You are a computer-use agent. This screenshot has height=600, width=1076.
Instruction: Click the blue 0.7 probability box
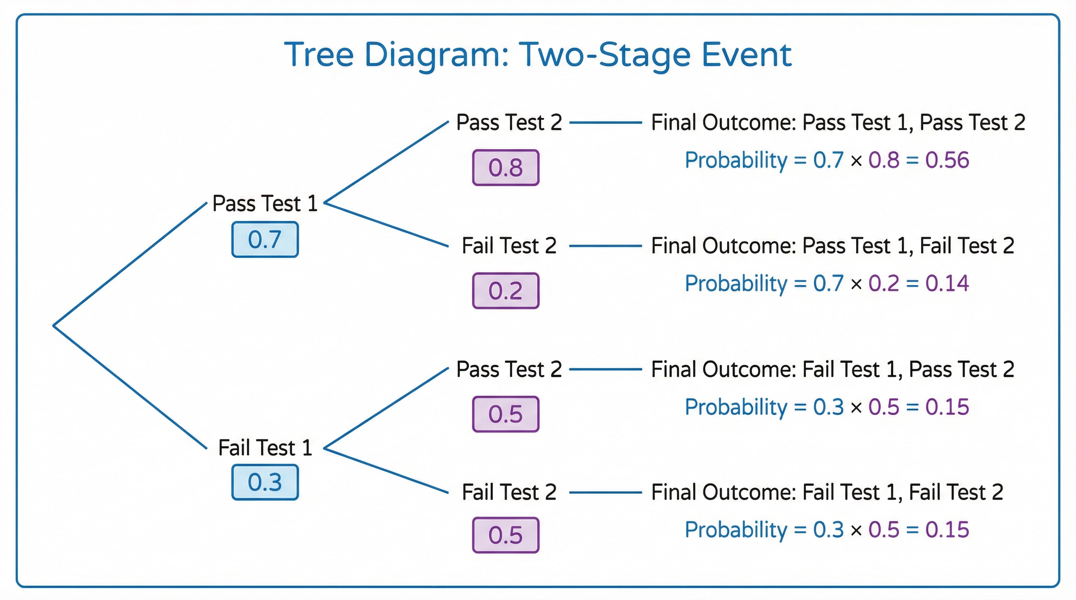click(265, 239)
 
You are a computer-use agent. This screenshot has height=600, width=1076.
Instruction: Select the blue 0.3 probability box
click(265, 482)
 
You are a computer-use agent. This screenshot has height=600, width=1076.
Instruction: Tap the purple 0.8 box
click(506, 167)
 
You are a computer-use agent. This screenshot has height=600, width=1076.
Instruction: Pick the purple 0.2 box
click(506, 291)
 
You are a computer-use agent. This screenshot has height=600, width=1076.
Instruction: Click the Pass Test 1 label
click(265, 204)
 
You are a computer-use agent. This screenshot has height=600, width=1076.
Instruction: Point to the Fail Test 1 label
click(265, 448)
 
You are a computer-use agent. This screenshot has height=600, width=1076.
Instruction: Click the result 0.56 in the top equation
click(947, 160)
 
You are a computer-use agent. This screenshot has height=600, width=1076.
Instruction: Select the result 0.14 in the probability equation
click(947, 283)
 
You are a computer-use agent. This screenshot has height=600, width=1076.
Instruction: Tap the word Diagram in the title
click(436, 55)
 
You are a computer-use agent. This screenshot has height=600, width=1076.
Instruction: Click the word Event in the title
click(746, 55)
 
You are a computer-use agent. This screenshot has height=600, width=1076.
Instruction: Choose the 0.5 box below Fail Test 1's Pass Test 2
click(506, 414)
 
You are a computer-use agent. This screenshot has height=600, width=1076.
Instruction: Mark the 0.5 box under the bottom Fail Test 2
click(506, 535)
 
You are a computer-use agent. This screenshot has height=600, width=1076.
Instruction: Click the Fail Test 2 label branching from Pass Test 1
click(509, 246)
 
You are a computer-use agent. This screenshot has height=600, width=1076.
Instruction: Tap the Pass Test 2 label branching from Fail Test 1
click(509, 369)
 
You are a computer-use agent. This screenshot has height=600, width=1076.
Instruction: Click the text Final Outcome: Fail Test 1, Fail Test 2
click(827, 492)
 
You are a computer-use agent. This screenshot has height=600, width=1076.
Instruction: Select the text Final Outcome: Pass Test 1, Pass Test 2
click(838, 123)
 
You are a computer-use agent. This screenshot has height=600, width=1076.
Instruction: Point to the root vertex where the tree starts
click(54, 325)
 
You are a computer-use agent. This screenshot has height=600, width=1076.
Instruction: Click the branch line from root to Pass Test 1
click(129, 264)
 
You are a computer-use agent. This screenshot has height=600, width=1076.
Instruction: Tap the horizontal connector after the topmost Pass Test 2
click(605, 123)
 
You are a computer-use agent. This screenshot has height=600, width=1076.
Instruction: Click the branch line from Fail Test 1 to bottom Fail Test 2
click(386, 471)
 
